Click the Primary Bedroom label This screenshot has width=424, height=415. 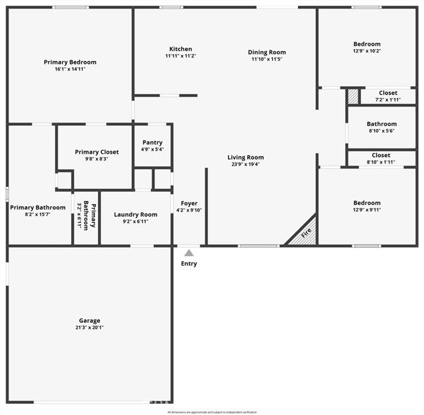(x=70, y=62)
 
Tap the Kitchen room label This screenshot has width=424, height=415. (x=180, y=49)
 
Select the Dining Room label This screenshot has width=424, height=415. (x=267, y=52)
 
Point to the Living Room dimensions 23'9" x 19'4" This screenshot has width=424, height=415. (x=245, y=164)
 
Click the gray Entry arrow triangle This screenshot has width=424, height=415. (x=189, y=253)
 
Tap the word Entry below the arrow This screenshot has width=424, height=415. (x=189, y=264)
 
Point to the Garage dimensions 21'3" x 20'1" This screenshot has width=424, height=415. (x=89, y=327)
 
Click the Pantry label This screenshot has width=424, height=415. (x=152, y=142)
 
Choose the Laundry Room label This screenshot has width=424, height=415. (x=135, y=214)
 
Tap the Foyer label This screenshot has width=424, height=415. (x=189, y=203)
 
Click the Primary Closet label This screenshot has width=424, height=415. (x=97, y=152)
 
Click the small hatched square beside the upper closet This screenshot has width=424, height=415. (x=353, y=96)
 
